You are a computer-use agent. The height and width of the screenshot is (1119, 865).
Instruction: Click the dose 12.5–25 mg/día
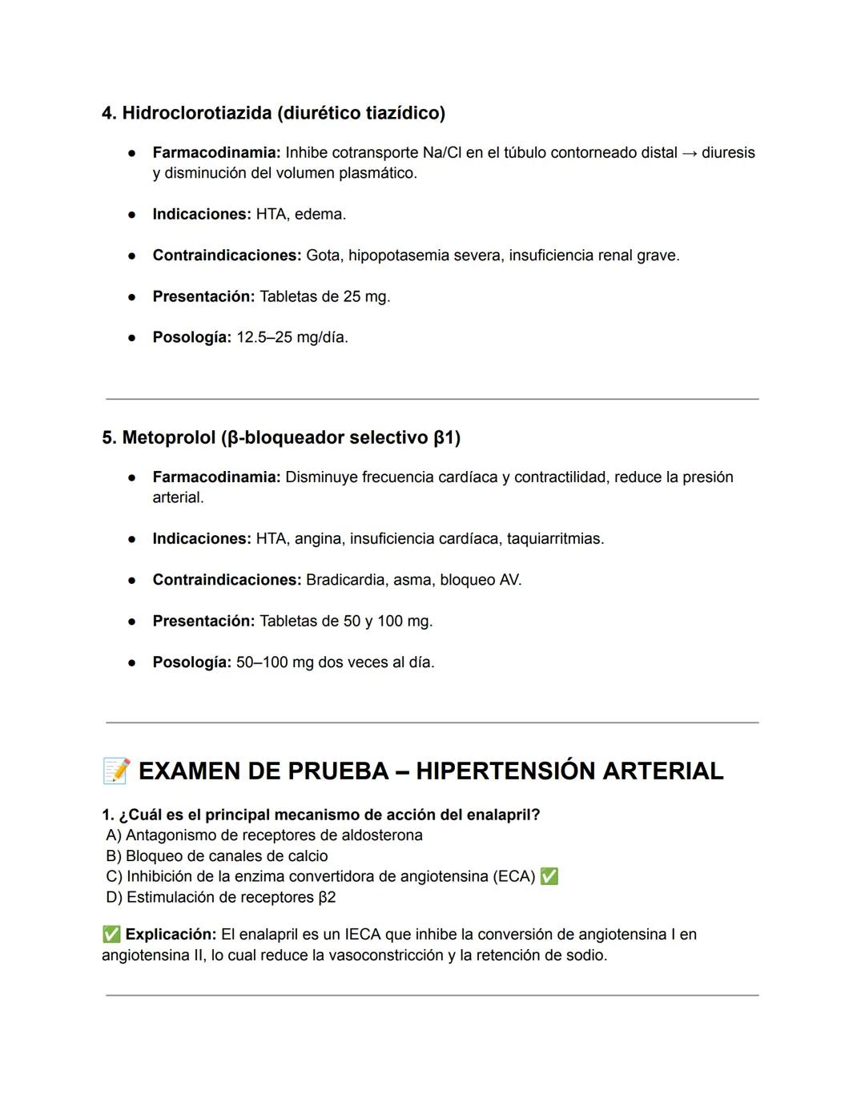(x=292, y=337)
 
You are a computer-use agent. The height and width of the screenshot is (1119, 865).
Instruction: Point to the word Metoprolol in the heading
(x=168, y=438)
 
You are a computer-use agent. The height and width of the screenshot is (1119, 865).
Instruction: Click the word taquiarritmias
(x=555, y=539)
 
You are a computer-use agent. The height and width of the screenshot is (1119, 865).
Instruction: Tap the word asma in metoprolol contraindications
(x=412, y=580)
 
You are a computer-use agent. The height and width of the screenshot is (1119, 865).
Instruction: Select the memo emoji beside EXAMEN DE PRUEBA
(x=116, y=771)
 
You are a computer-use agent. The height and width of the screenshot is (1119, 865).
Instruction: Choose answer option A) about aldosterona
(x=264, y=835)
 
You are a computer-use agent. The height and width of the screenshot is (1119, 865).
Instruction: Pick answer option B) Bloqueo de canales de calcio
(x=216, y=856)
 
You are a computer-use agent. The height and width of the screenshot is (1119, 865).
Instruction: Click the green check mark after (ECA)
(x=549, y=876)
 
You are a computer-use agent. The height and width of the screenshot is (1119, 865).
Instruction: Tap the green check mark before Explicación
(x=111, y=935)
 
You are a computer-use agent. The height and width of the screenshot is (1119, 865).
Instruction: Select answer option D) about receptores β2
(x=221, y=897)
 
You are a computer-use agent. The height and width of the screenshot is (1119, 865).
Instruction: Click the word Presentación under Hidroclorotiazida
(x=203, y=296)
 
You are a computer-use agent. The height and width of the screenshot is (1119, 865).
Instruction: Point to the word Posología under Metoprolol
(x=191, y=662)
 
